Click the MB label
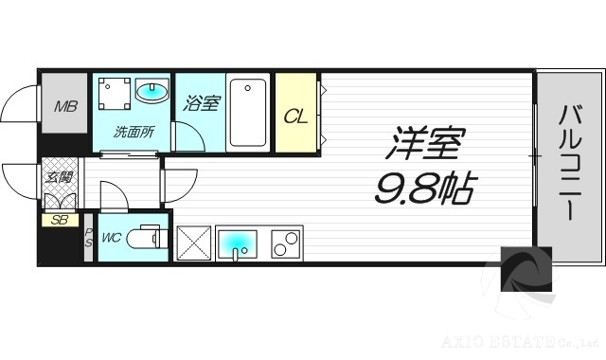(x=63, y=106)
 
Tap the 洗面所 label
(x=134, y=133)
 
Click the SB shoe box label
(x=60, y=221)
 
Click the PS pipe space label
(x=88, y=237)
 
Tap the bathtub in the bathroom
(x=248, y=111)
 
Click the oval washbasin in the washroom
(x=151, y=93)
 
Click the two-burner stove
(x=283, y=245)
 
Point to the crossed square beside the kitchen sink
(x=193, y=245)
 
